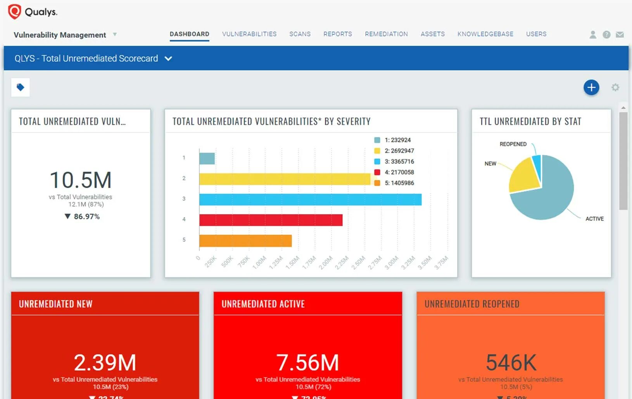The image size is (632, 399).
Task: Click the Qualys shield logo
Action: [14, 11]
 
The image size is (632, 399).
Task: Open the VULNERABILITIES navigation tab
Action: [249, 34]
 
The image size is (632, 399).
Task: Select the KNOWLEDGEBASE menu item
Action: [485, 34]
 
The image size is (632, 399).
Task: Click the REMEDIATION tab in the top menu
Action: [386, 34]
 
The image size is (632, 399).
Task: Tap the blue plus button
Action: [591, 88]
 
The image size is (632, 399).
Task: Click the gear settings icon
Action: [615, 88]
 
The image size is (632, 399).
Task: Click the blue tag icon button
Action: [21, 87]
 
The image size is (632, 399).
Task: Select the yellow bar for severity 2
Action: [285, 179]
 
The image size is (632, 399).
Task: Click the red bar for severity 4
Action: [271, 220]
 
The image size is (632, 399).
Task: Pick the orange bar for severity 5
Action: [245, 241]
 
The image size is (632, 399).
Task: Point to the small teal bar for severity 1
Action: [207, 158]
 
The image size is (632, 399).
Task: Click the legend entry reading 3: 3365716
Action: [399, 162]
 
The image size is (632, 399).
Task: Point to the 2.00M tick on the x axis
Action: [326, 262]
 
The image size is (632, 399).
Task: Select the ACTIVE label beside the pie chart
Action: [594, 219]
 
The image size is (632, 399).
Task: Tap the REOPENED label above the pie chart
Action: [513, 144]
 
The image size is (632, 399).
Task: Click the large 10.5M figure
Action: [81, 180]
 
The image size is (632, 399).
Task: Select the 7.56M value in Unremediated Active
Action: [307, 363]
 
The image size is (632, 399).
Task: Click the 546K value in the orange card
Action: [511, 363]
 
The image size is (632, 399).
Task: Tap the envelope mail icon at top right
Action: [620, 34]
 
